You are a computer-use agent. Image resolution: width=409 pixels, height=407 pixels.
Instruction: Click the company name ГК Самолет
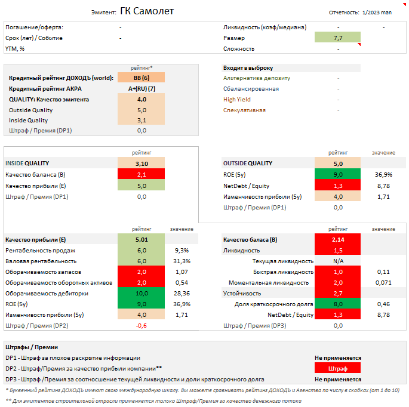[147, 11]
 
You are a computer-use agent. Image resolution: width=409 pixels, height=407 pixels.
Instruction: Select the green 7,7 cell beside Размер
[338, 38]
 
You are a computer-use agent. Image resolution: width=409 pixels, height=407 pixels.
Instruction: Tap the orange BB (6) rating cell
[142, 78]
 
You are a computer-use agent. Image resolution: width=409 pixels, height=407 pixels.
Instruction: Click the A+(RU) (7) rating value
[142, 88]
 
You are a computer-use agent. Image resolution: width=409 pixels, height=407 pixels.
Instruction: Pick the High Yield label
[237, 100]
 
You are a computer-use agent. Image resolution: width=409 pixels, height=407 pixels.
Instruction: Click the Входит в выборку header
[248, 67]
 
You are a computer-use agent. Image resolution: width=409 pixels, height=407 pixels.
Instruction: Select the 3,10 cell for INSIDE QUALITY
[142, 163]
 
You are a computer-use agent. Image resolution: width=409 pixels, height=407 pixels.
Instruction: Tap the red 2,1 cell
[142, 174]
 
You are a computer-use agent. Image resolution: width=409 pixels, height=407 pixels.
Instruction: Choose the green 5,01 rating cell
[142, 239]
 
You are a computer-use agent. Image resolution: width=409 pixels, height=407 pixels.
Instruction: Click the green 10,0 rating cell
[142, 293]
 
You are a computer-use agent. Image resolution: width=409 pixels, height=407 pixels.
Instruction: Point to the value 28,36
[182, 293]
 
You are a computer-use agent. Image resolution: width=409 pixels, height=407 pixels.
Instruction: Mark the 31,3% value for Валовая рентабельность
[182, 261]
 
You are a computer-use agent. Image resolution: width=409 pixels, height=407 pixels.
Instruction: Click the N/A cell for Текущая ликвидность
[338, 261]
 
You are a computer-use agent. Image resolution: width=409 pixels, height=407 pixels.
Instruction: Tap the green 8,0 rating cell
[338, 304]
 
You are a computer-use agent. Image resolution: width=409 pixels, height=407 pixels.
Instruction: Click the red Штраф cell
[338, 368]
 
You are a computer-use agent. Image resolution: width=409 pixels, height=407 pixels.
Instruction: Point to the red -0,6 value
[142, 325]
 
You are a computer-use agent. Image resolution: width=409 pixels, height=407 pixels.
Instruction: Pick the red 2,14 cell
[338, 239]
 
